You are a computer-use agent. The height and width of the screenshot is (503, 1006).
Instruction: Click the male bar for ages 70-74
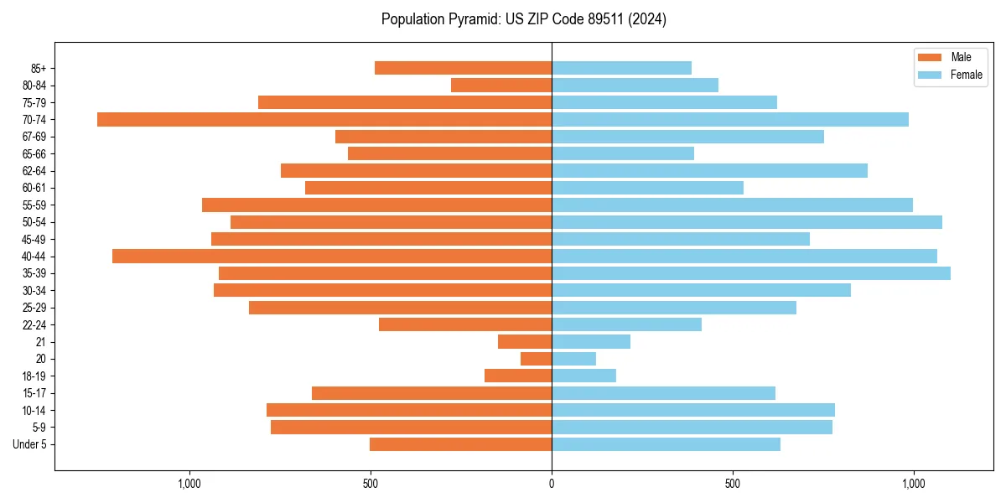click(x=324, y=119)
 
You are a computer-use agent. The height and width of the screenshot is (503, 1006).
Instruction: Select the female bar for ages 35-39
click(x=751, y=273)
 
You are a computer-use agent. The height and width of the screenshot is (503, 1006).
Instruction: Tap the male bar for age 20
click(x=536, y=359)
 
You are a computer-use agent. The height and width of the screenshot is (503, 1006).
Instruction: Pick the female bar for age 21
click(x=591, y=342)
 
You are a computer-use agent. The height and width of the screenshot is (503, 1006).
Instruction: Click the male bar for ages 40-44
click(x=332, y=256)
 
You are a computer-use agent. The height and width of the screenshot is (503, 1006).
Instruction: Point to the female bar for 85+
click(x=621, y=68)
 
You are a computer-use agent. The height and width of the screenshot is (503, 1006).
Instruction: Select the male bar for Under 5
click(x=460, y=444)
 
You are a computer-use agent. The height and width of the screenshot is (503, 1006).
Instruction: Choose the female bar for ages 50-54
click(x=747, y=222)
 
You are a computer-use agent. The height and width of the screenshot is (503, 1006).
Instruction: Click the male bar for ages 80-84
click(x=501, y=85)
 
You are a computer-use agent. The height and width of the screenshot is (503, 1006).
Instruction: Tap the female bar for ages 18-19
click(x=583, y=376)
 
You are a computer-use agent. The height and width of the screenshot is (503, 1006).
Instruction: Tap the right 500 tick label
click(x=733, y=484)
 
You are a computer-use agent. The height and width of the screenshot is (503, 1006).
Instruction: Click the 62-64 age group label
click(x=34, y=171)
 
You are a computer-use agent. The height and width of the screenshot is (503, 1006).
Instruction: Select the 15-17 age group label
click(x=34, y=393)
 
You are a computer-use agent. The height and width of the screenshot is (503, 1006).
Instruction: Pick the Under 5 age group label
click(x=30, y=444)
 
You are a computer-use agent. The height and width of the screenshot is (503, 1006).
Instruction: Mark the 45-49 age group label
click(x=34, y=239)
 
